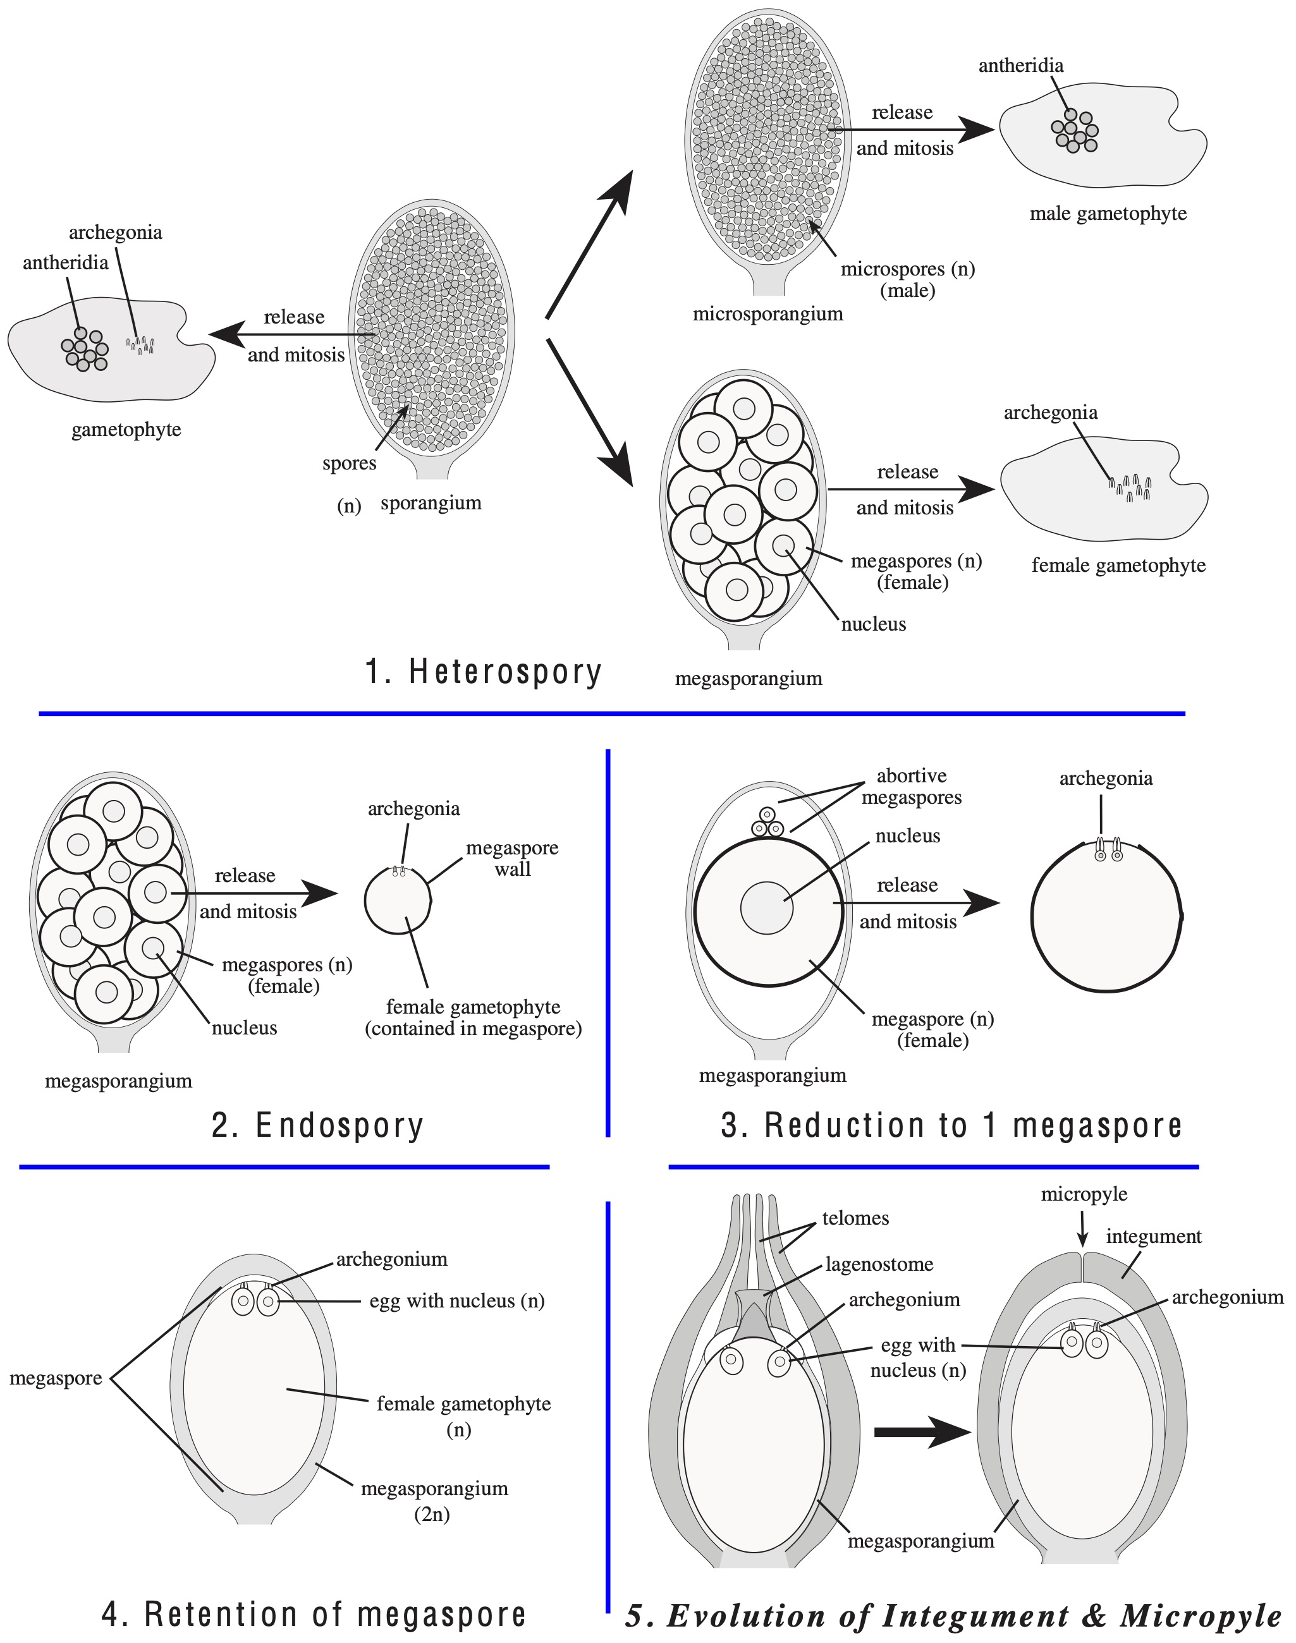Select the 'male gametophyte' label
[1108, 214]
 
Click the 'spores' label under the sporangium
[349, 463]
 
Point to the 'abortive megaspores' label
[911, 787]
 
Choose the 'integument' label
[1153, 1237]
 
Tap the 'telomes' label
[855, 1218]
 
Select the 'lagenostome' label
[879, 1264]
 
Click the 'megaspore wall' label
[512, 859]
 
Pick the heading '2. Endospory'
[317, 1125]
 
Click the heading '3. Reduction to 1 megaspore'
[951, 1125]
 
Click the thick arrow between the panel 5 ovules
[922, 1432]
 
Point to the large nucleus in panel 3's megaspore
[766, 908]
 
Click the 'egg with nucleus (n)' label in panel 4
[457, 1301]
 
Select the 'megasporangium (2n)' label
[434, 1500]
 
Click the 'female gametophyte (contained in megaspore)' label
[473, 1018]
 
